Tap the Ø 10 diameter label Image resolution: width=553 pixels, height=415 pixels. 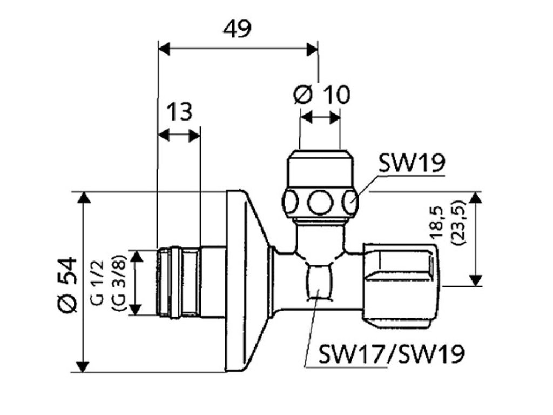click(321, 95)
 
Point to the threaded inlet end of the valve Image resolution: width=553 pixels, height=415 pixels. click(178, 281)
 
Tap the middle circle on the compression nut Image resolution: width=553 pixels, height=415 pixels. click(320, 203)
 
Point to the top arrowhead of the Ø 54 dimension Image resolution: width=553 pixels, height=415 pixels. click(83, 197)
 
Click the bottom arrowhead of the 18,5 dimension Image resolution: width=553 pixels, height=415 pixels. click(475, 280)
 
